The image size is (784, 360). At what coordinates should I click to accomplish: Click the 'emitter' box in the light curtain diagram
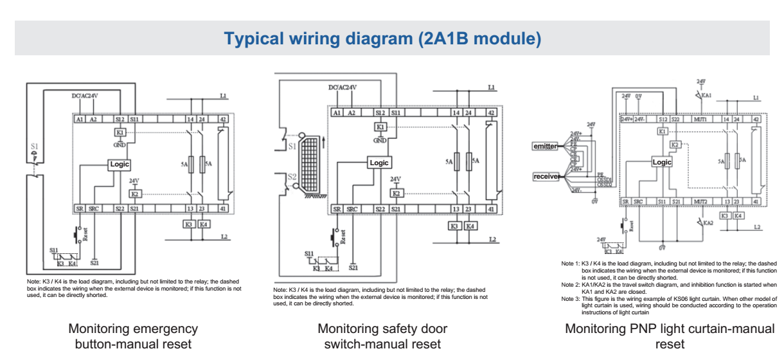click(545, 146)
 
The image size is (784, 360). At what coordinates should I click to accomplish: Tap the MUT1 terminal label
click(700, 119)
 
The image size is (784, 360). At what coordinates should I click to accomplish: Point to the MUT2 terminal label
click(700, 202)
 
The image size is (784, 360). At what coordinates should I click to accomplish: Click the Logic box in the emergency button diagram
click(120, 165)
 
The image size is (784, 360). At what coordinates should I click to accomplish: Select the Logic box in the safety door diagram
click(379, 163)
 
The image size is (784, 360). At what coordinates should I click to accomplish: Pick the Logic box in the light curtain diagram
click(662, 162)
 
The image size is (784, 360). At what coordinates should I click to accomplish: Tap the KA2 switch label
click(708, 222)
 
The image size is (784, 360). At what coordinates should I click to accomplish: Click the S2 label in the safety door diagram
click(292, 177)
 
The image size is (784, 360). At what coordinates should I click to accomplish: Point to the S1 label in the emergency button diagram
click(35, 147)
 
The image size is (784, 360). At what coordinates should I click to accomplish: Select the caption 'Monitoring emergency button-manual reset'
click(133, 336)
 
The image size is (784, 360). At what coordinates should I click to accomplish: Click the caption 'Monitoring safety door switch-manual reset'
click(382, 336)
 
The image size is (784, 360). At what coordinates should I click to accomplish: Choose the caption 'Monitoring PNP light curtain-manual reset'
click(670, 336)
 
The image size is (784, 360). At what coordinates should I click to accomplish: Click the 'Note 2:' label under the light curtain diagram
click(571, 284)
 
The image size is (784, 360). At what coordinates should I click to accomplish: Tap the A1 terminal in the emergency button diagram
click(80, 119)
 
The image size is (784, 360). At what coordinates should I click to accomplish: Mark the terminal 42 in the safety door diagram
click(492, 113)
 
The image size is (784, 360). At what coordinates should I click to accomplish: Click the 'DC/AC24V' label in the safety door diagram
click(343, 87)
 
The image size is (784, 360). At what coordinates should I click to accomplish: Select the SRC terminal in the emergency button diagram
click(94, 209)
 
